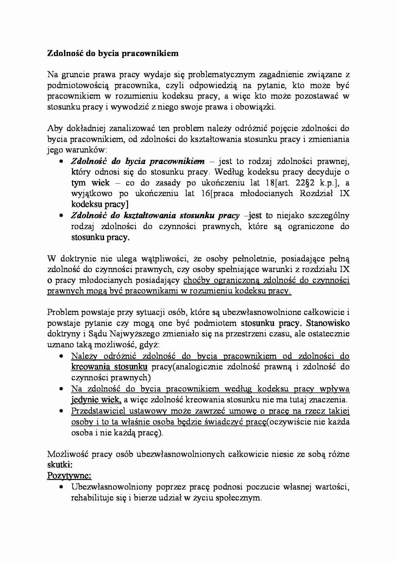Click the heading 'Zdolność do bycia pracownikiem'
pyautogui.click(x=113, y=54)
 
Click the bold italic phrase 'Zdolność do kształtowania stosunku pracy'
pyautogui.click(x=155, y=216)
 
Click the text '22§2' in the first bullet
pyautogui.click(x=302, y=183)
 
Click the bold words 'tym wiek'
pyautogui.click(x=90, y=183)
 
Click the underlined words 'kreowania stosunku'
pyautogui.click(x=109, y=367)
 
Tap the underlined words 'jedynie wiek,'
pyautogui.click(x=96, y=400)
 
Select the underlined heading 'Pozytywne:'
pyautogui.click(x=69, y=476)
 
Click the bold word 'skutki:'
pyautogui.click(x=60, y=465)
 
